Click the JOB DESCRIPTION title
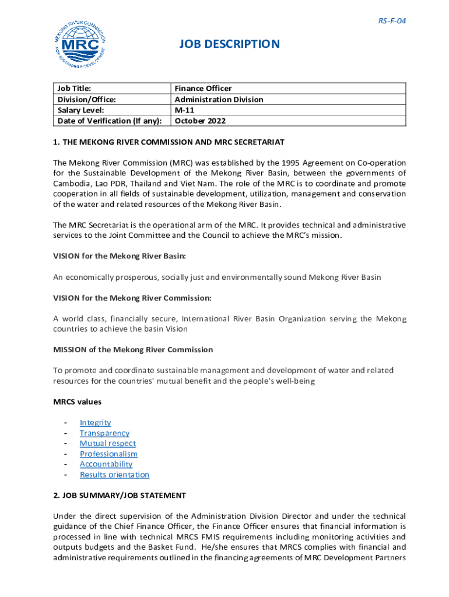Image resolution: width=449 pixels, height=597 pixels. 229,44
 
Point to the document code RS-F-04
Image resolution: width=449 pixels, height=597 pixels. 392,21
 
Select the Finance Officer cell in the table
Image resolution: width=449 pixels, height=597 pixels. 203,89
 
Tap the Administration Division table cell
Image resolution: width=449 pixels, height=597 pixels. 219,100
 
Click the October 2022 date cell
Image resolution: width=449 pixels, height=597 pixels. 200,121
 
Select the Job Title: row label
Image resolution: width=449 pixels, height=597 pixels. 74,89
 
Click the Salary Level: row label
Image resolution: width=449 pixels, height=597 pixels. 80,110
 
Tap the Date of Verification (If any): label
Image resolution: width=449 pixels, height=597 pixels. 109,121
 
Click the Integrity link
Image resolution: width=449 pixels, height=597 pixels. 95,423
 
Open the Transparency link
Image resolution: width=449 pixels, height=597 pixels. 104,433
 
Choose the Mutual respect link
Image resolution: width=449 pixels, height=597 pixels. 108,444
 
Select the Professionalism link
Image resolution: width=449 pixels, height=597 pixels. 108,454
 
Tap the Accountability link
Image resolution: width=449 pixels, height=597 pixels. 106,465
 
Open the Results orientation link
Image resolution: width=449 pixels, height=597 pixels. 114,475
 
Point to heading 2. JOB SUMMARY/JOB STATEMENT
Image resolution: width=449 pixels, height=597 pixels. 120,496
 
